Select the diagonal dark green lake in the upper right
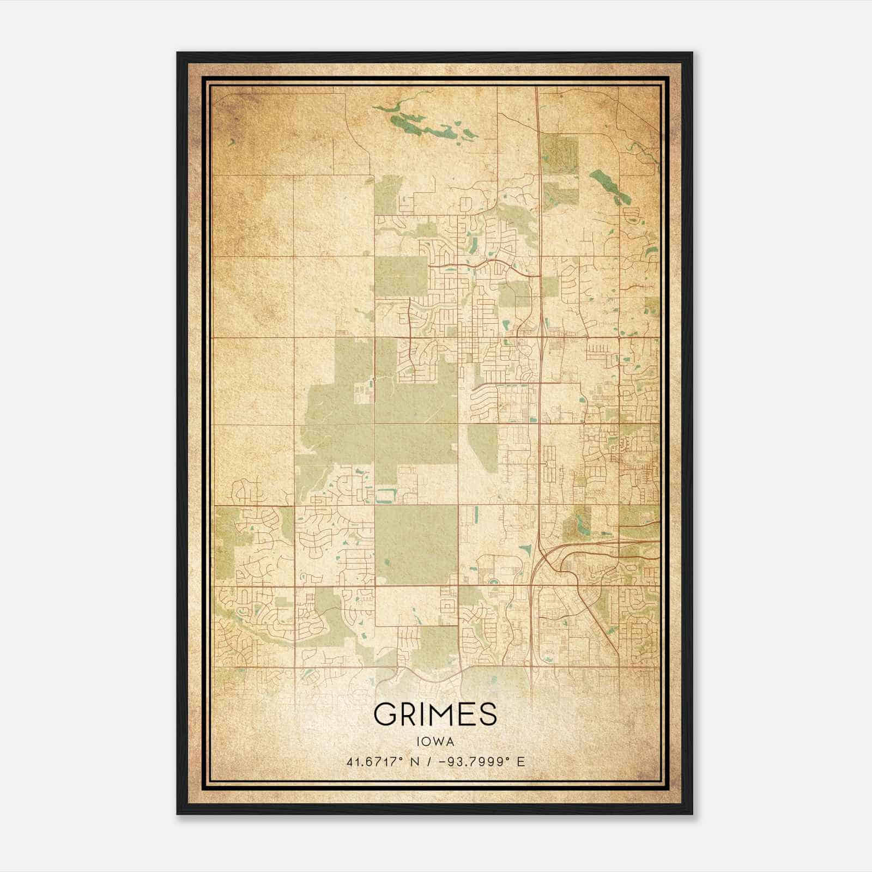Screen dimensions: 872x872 click(x=609, y=185)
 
